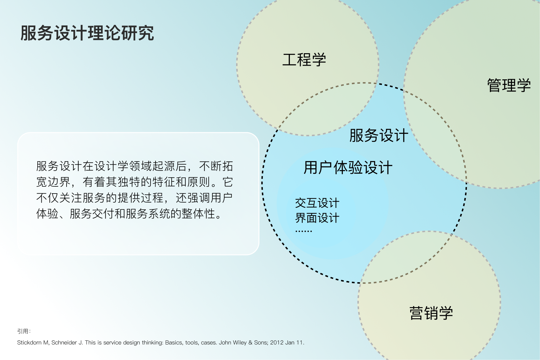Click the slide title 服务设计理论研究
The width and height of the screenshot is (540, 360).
tap(87, 33)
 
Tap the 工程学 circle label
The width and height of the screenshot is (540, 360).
tap(304, 59)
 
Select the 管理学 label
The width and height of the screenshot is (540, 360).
tap(509, 85)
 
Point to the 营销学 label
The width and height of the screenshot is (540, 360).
tap(431, 313)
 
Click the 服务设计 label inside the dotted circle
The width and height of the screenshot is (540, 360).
tap(379, 136)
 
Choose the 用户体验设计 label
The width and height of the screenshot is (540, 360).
tap(348, 167)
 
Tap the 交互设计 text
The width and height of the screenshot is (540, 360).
tap(317, 203)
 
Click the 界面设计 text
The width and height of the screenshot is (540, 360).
tap(317, 218)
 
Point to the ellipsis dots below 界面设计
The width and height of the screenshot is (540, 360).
tap(304, 231)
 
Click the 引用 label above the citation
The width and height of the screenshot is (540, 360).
tap(23, 331)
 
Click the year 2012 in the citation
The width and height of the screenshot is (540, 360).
tap(277, 343)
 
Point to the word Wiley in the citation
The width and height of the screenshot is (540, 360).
tap(240, 343)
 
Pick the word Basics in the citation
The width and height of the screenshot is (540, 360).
tap(174, 343)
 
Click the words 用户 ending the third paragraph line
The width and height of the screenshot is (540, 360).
tap(221, 198)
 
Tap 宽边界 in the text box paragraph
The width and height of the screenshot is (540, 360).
tap(53, 182)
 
